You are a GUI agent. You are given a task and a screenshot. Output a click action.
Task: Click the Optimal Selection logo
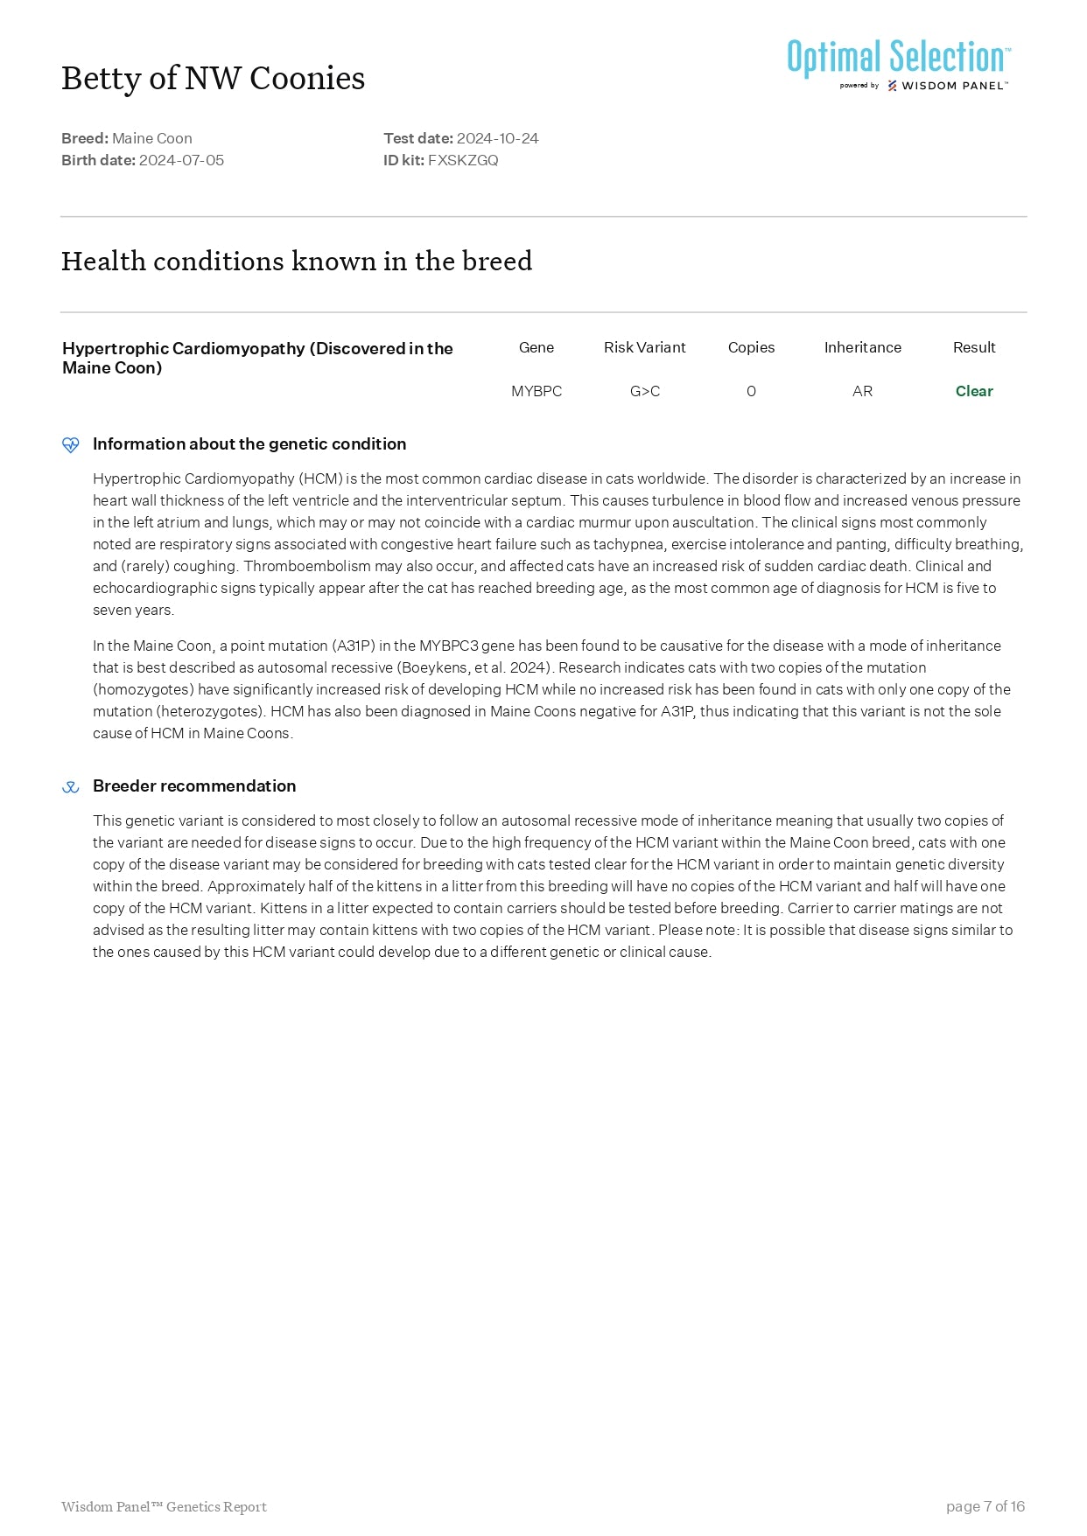tap(898, 63)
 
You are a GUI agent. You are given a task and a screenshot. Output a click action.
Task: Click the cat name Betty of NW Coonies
tap(213, 79)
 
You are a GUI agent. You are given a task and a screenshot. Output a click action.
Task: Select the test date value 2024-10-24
tap(497, 138)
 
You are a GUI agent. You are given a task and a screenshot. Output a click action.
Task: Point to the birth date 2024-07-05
tap(181, 160)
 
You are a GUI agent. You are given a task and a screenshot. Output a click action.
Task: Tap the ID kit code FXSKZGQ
tap(463, 160)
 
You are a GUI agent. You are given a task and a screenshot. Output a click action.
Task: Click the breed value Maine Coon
tap(152, 138)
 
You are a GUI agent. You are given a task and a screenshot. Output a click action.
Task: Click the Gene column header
tap(536, 347)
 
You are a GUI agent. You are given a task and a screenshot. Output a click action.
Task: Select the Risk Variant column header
tap(644, 347)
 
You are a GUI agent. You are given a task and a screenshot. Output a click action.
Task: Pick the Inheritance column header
tap(862, 347)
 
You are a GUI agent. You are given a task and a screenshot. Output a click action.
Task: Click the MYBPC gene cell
tap(536, 391)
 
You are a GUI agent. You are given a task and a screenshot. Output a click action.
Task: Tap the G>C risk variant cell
tap(644, 391)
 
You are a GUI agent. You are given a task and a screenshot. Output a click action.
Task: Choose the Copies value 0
tap(751, 391)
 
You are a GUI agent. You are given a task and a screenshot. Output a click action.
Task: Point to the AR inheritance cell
tap(862, 391)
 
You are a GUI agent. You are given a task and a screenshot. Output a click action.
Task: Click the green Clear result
tap(974, 391)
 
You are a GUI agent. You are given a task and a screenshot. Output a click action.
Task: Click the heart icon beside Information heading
tap(71, 444)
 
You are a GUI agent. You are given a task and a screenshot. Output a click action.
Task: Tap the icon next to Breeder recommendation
tap(71, 786)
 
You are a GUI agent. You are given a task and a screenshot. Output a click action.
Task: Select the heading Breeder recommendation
tap(194, 785)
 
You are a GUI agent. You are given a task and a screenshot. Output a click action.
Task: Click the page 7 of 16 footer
tap(985, 1505)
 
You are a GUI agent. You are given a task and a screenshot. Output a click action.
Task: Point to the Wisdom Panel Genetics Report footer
tap(164, 1506)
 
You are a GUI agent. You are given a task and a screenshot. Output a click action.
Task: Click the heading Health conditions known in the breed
tap(297, 262)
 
